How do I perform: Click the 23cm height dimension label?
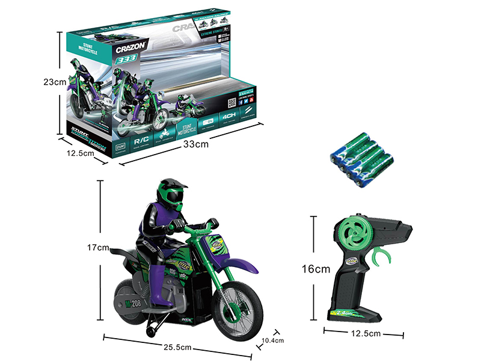coord(48,82)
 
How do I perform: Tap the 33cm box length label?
coord(197,144)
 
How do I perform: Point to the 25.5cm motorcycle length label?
coord(179,347)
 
